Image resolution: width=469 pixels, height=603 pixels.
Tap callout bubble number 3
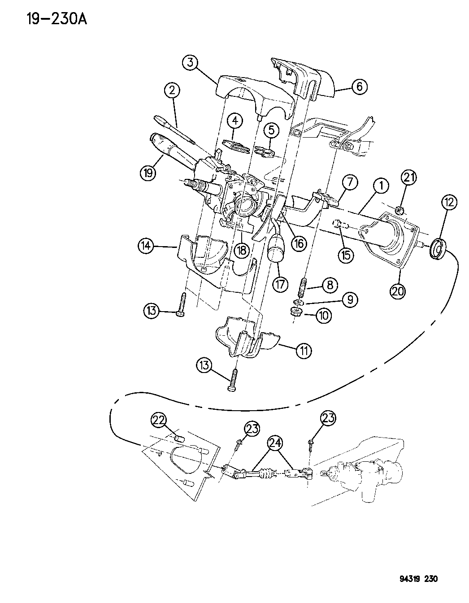tap(191, 63)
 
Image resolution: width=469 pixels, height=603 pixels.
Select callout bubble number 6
tap(360, 86)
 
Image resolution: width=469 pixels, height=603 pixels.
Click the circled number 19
tap(148, 172)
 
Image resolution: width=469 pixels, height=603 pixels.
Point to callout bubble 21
tap(408, 178)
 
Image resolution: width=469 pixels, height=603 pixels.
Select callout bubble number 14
tap(147, 245)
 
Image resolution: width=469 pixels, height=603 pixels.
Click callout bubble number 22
tap(159, 420)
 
